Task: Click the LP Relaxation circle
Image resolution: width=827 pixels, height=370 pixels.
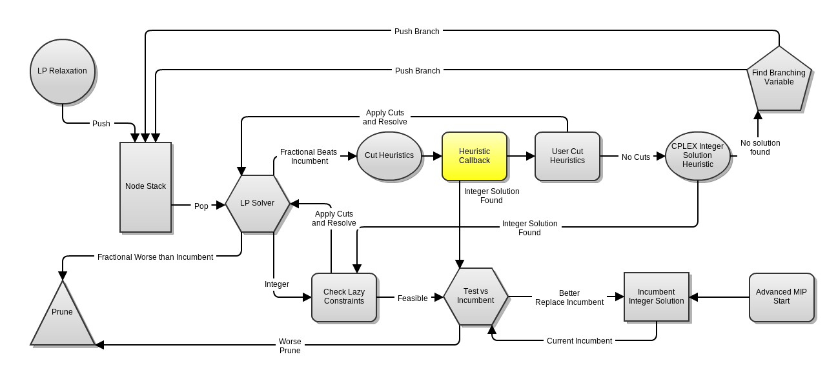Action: pyautogui.click(x=63, y=72)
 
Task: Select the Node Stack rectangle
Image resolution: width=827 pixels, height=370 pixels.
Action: pyautogui.click(x=145, y=187)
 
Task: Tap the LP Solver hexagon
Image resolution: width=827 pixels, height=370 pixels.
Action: pyautogui.click(x=258, y=204)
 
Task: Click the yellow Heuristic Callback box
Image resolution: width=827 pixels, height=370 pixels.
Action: pyautogui.click(x=475, y=156)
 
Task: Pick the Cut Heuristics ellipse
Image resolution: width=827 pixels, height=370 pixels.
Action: pyautogui.click(x=389, y=156)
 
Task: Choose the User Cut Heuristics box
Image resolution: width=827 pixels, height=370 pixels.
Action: pyautogui.click(x=567, y=156)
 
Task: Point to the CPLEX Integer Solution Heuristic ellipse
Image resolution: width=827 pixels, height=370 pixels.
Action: pyautogui.click(x=698, y=156)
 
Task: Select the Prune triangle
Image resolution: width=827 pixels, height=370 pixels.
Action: pyautogui.click(x=63, y=313)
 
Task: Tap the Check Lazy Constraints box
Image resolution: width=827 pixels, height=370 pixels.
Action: pyautogui.click(x=344, y=297)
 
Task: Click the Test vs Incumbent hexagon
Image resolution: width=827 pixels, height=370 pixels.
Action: pyautogui.click(x=476, y=297)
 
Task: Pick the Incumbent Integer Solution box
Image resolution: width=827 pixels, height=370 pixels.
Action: pyautogui.click(x=657, y=297)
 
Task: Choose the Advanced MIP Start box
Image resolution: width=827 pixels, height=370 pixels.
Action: pyautogui.click(x=782, y=297)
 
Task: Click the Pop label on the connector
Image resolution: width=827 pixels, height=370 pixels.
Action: pyautogui.click(x=201, y=206)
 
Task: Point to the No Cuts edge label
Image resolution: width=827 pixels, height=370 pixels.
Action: pyautogui.click(x=636, y=157)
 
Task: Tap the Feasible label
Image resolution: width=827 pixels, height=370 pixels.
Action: pyautogui.click(x=413, y=298)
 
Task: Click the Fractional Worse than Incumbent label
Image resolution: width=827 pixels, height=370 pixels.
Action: pyautogui.click(x=155, y=257)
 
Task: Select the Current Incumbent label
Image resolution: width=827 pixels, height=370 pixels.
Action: pyautogui.click(x=579, y=341)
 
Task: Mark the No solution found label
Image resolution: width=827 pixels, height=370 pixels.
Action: pyautogui.click(x=760, y=148)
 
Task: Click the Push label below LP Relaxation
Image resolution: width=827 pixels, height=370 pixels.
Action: pyautogui.click(x=101, y=124)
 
